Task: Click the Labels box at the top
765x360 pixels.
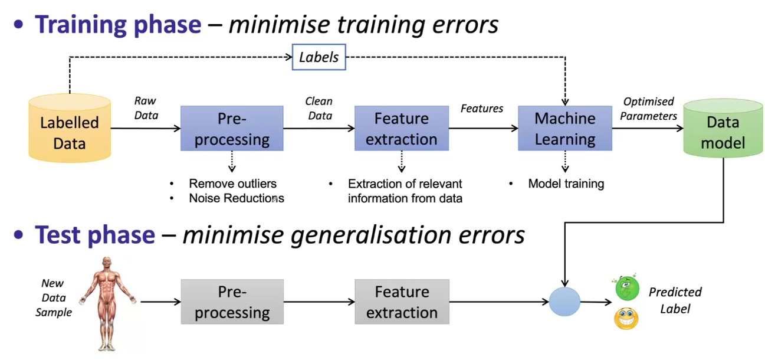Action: tap(319, 57)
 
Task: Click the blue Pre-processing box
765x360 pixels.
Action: tap(232, 129)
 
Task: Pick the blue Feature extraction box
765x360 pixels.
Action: tap(402, 129)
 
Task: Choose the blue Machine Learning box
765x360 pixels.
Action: tap(564, 129)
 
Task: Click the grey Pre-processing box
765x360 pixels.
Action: tap(232, 302)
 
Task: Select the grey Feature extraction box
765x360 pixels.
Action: tap(402, 302)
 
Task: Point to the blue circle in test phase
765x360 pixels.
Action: tap(564, 302)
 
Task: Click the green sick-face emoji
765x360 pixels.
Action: tap(627, 289)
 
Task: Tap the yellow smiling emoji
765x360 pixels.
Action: tap(626, 318)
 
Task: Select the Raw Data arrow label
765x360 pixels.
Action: tap(146, 108)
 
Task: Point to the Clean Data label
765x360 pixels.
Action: tap(319, 109)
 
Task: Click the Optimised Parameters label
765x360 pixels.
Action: tap(648, 109)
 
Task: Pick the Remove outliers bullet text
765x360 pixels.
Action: tap(232, 184)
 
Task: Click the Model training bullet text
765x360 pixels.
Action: tap(566, 184)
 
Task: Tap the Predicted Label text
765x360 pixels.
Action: tap(675, 300)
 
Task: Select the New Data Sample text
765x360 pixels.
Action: tap(54, 298)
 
